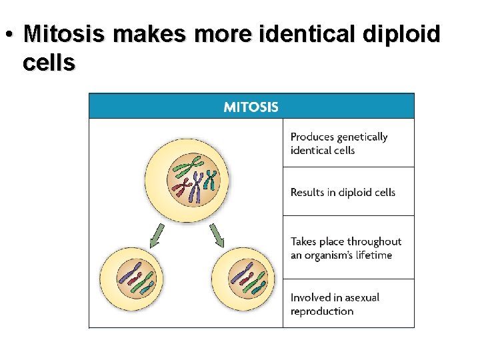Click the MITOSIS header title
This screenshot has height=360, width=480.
(x=251, y=107)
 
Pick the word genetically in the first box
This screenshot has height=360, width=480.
(x=362, y=137)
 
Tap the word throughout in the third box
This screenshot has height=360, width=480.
(x=375, y=241)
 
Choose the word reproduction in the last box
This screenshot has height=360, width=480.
(x=322, y=311)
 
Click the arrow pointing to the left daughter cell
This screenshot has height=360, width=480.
(x=157, y=235)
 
